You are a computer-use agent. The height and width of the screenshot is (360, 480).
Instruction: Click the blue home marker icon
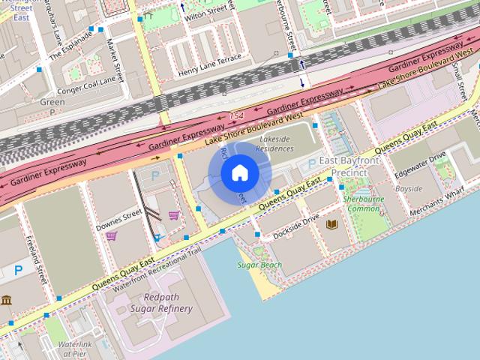[x=238, y=173]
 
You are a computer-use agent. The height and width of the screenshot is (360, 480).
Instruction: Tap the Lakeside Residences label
[x=274, y=143]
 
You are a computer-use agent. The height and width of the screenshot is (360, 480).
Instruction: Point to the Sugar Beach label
[x=259, y=265]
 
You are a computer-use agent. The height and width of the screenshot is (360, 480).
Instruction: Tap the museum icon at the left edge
[x=7, y=301]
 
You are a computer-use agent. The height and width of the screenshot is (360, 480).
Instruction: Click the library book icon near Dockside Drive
[x=333, y=224]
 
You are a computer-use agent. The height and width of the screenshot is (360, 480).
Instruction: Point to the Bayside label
[x=409, y=188]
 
